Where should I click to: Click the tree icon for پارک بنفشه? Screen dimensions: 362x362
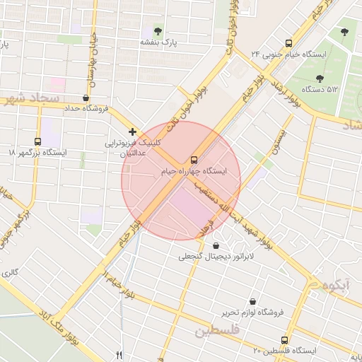click(x=157, y=31)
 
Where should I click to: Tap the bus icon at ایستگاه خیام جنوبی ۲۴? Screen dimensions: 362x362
click(x=287, y=43)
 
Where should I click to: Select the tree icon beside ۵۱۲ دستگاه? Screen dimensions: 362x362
click(x=320, y=78)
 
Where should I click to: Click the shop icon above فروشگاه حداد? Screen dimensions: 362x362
click(x=86, y=98)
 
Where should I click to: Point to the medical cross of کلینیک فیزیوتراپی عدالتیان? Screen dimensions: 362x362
click(x=132, y=132)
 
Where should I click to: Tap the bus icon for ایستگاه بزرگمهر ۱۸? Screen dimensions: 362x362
click(x=37, y=141)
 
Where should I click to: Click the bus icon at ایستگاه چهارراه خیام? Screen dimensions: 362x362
click(x=194, y=159)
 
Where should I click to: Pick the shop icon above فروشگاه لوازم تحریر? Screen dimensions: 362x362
click(x=252, y=300)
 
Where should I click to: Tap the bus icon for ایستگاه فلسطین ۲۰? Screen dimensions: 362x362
click(x=285, y=339)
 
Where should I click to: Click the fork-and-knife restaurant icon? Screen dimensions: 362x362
click(x=119, y=354)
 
